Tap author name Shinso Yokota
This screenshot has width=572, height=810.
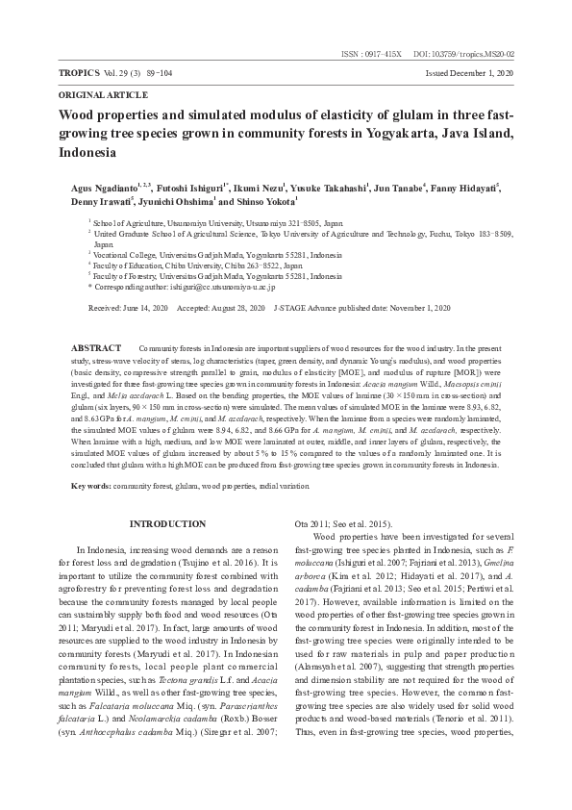click(267, 203)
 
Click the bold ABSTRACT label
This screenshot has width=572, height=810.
click(96, 346)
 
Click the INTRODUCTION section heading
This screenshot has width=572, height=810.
click(167, 523)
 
